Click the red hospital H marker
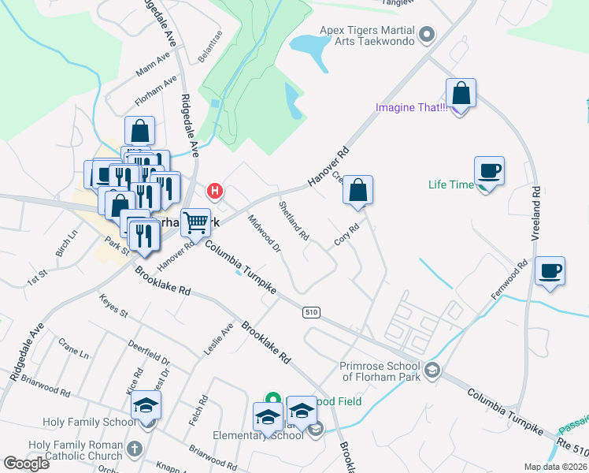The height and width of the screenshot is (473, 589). pyautogui.click(x=214, y=191)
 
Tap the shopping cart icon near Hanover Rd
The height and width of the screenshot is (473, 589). pyautogui.click(x=195, y=222)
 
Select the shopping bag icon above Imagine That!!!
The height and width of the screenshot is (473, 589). pyautogui.click(x=461, y=93)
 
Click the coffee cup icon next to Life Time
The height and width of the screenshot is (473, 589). pyautogui.click(x=489, y=170)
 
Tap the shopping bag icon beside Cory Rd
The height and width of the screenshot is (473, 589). pyautogui.click(x=357, y=189)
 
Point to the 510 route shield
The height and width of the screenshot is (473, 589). pyautogui.click(x=311, y=313)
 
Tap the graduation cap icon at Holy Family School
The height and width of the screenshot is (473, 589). pyautogui.click(x=146, y=405)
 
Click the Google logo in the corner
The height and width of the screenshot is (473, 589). pyautogui.click(x=26, y=464)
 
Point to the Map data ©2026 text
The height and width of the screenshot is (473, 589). pyautogui.click(x=544, y=467)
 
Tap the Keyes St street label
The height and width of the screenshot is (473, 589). pyautogui.click(x=113, y=306)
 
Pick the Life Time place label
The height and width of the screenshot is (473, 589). pyautogui.click(x=450, y=185)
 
